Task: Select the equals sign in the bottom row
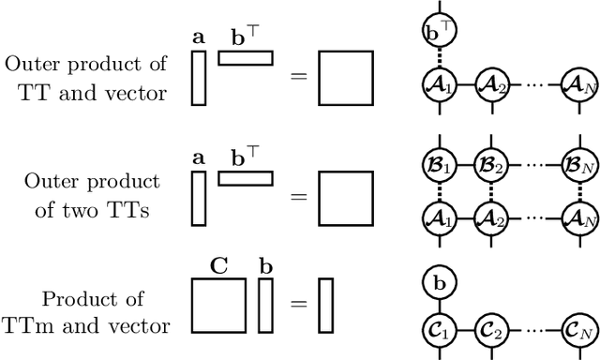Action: tap(297, 305)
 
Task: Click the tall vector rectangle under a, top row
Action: tap(198, 77)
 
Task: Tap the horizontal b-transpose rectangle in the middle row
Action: tap(246, 178)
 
